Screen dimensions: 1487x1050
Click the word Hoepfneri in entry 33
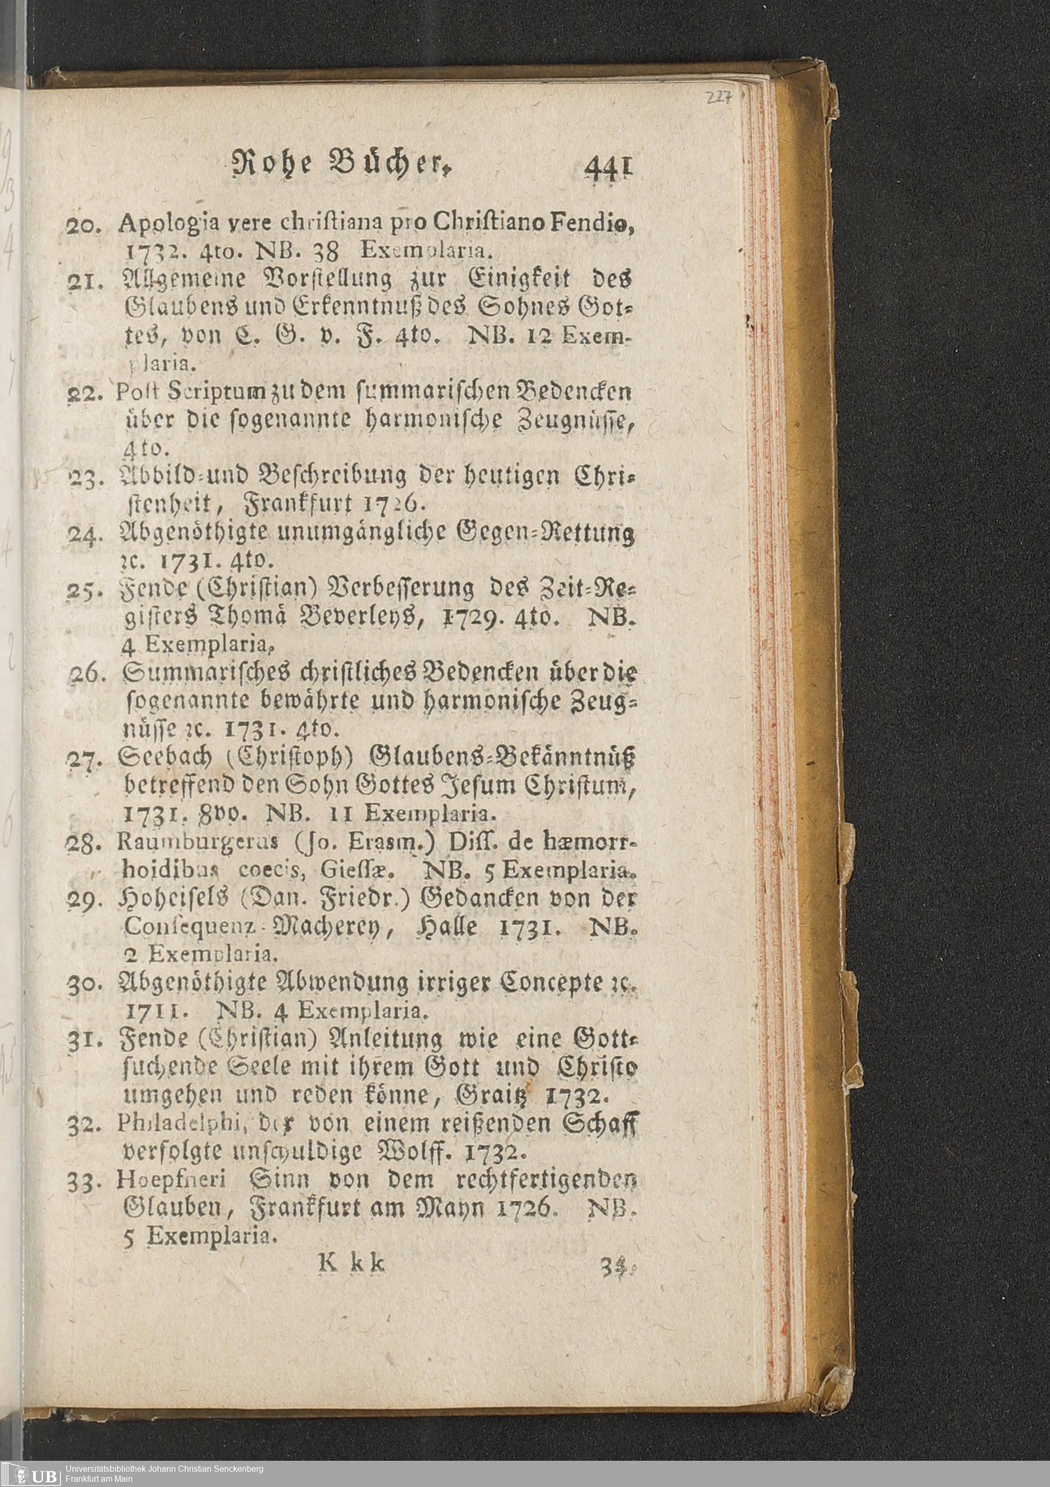tap(170, 1180)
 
